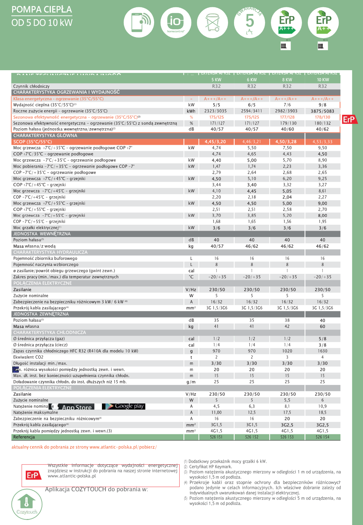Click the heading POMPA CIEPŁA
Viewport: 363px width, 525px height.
click(x=42, y=9)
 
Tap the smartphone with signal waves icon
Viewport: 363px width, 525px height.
click(x=139, y=22)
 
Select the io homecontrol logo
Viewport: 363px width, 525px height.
click(x=176, y=22)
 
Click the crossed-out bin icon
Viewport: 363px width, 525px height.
click(x=212, y=22)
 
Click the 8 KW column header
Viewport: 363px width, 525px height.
click(x=287, y=80)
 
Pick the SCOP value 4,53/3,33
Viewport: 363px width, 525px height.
click(x=322, y=142)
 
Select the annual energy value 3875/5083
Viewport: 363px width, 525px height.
click(x=322, y=111)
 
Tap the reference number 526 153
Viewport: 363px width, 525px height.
click(x=287, y=437)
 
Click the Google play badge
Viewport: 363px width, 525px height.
click(x=124, y=406)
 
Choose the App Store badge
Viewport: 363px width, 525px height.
click(x=76, y=407)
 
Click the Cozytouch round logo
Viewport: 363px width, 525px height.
click(x=27, y=504)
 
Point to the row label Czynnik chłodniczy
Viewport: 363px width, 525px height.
click(x=31, y=86)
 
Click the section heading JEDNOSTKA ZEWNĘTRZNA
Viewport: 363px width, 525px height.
click(x=41, y=314)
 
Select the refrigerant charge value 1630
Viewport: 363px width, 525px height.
click(x=322, y=351)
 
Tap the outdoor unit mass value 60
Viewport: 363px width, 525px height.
click(x=322, y=326)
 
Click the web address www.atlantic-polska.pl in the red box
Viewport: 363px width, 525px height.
click(x=72, y=476)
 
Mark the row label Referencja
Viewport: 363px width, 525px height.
click(x=24, y=437)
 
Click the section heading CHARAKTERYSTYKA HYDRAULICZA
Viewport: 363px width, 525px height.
click(x=50, y=252)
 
